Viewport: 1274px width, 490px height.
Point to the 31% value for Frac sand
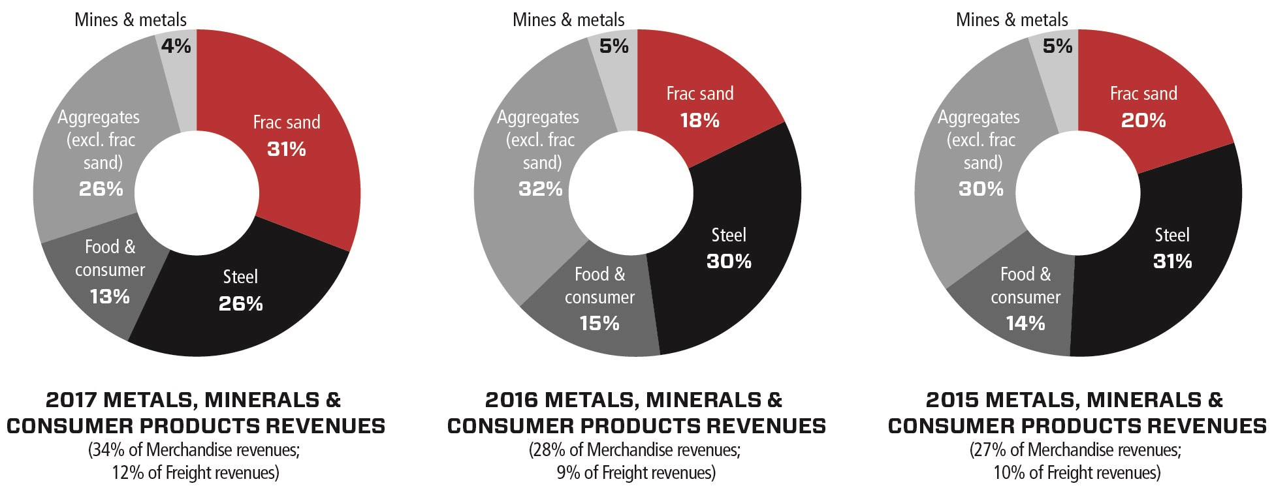pos(287,149)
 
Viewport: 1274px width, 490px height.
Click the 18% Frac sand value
pos(699,121)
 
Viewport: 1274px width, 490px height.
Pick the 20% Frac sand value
pos(1143,121)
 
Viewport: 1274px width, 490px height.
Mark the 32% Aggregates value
pos(540,189)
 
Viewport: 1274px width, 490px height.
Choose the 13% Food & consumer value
pos(110,297)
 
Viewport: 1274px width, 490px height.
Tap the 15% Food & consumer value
pos(599,324)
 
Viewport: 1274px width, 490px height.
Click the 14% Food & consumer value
pos(1025,324)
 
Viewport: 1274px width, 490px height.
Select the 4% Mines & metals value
pos(176,46)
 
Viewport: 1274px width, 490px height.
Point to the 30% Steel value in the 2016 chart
pos(729,262)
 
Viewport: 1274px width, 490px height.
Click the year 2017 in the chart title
pos(72,400)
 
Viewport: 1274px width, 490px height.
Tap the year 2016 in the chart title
pos(512,400)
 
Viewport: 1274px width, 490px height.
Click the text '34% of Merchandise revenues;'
pos(194,450)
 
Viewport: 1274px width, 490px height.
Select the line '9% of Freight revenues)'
pos(636,472)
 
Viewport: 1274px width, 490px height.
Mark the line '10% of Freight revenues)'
pos(1077,472)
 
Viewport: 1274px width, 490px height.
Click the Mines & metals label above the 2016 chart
pos(568,20)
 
